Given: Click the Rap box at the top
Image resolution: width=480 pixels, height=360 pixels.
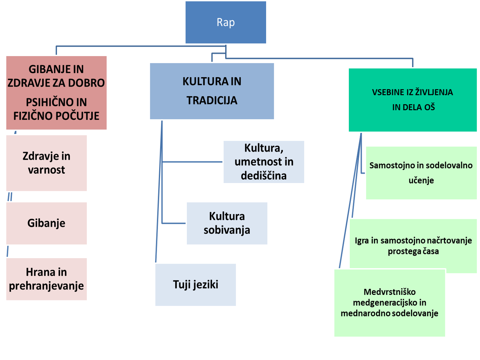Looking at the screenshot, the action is click(x=226, y=22).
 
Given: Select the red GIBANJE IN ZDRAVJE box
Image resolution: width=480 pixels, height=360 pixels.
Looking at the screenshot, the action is click(x=56, y=93).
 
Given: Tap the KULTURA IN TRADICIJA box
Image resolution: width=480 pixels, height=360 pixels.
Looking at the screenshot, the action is click(x=212, y=91).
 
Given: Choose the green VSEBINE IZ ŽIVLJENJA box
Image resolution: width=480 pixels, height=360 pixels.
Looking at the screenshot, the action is click(x=413, y=100).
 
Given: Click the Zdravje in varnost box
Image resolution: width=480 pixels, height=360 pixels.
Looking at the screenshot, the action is click(x=47, y=163).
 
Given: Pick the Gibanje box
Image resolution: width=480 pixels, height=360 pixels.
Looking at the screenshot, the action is click(x=47, y=223).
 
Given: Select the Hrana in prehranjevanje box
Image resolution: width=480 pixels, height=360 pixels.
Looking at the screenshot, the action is click(x=47, y=279).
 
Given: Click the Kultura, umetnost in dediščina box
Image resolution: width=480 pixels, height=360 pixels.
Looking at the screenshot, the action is click(x=264, y=162).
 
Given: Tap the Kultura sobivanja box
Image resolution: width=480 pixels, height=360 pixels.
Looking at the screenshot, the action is click(x=227, y=223).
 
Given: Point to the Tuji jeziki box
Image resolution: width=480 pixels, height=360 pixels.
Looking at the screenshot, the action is click(x=196, y=285).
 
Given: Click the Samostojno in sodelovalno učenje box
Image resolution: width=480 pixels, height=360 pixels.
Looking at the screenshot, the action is click(x=421, y=173).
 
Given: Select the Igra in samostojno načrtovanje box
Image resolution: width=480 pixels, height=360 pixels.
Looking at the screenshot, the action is click(x=413, y=246).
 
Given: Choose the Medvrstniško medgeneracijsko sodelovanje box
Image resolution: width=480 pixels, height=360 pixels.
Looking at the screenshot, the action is click(x=390, y=303).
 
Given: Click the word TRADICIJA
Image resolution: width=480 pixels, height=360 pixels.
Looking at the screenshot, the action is click(x=212, y=101).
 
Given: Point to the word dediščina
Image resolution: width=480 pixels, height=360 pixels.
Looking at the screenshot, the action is click(x=264, y=176).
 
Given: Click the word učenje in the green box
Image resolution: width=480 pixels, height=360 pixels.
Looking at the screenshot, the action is click(x=421, y=180).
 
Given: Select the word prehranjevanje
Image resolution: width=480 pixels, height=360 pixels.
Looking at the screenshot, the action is click(x=46, y=286).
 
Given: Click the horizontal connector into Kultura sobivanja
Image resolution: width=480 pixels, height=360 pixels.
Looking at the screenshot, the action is click(x=174, y=223).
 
